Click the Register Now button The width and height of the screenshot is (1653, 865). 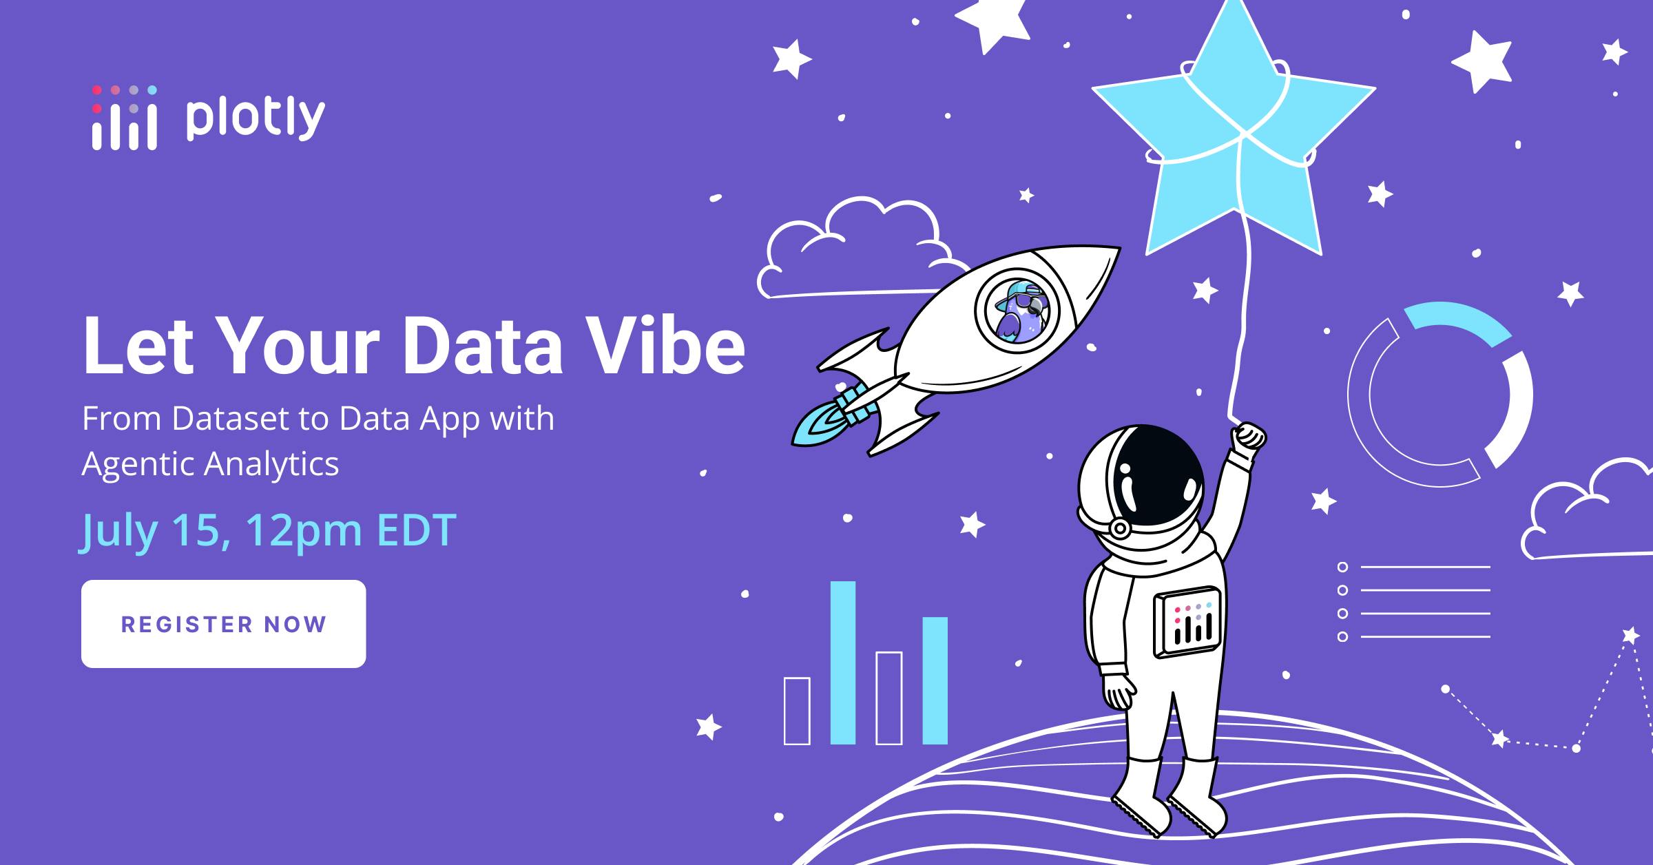223,624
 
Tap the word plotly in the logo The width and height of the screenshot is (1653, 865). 255,118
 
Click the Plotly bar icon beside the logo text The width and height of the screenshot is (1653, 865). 125,118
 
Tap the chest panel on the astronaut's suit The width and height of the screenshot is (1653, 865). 1187,623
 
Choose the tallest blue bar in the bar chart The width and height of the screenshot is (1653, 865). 843,663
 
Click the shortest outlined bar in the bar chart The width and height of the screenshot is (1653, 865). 797,711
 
